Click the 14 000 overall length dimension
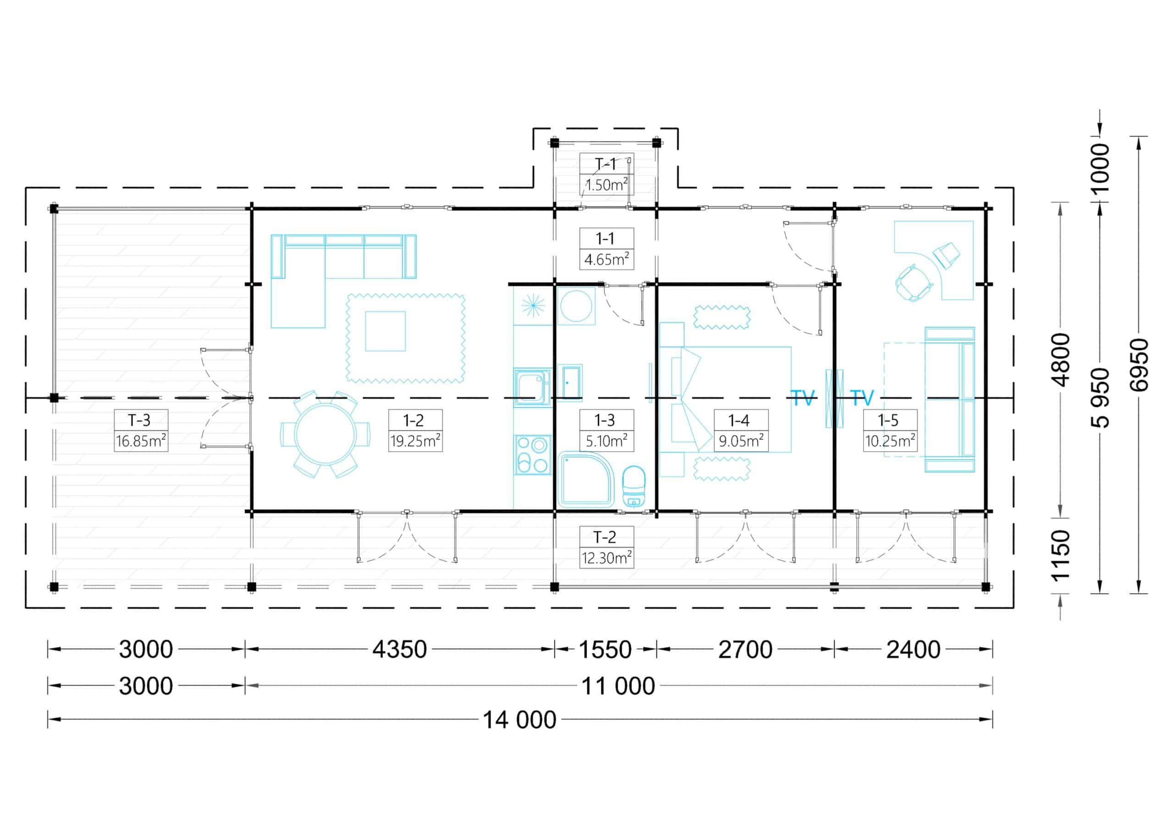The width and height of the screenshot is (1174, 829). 520,719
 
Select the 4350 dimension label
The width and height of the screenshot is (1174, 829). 399,649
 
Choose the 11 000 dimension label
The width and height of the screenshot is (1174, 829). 618,686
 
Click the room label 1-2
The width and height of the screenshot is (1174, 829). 413,420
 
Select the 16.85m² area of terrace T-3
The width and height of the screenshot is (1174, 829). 141,440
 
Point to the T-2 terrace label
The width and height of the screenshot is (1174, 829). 604,537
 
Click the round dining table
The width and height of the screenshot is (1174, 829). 325,434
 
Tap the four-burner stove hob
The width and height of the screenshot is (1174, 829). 533,455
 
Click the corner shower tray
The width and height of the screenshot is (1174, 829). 586,478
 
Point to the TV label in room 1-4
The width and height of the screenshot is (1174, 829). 802,398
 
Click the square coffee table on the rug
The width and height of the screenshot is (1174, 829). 386,331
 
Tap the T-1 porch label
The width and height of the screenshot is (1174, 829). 605,164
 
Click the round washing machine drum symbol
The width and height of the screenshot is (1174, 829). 576,306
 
